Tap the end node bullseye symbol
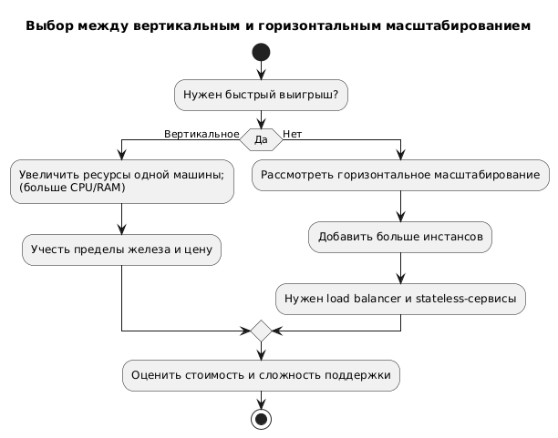261,419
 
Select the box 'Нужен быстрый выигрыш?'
261,95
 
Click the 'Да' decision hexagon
261,140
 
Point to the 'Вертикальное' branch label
201,134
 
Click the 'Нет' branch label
293,134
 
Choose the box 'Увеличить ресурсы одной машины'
122,180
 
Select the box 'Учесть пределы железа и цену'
122,248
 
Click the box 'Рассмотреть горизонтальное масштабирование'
400,175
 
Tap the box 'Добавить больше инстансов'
400,237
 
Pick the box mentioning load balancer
400,298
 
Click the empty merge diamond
261,330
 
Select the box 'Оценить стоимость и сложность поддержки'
261,374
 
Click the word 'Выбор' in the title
46,26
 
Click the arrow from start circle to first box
261,71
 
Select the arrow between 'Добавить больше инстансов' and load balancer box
400,268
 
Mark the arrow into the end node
261,399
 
